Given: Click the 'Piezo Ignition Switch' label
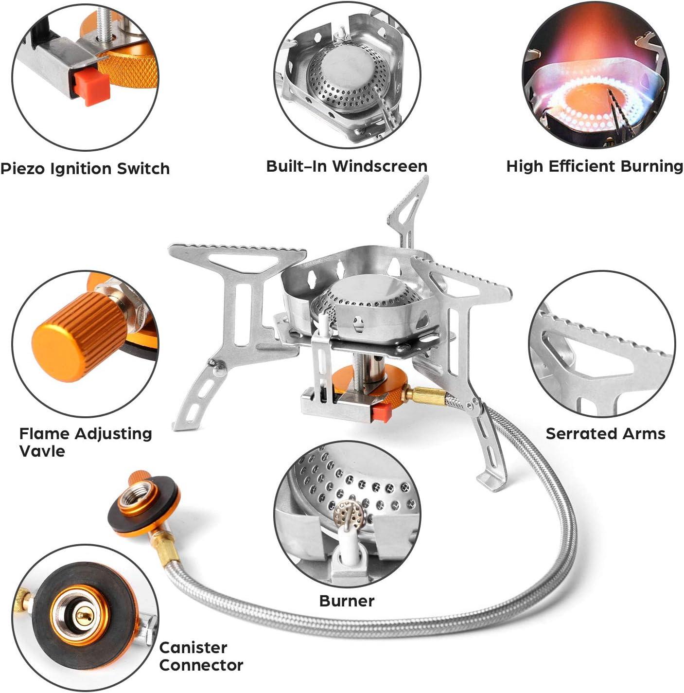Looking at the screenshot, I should pos(85,169).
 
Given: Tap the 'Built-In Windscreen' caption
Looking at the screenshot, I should pos(347,166).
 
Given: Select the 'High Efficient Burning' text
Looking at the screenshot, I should pos(595,166).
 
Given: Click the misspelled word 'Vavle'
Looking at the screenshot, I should pos(42,451).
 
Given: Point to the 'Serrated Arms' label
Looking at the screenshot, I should pos(605,433).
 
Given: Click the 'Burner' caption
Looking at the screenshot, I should pos(347,601).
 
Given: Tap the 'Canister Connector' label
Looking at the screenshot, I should pos(201,656).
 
